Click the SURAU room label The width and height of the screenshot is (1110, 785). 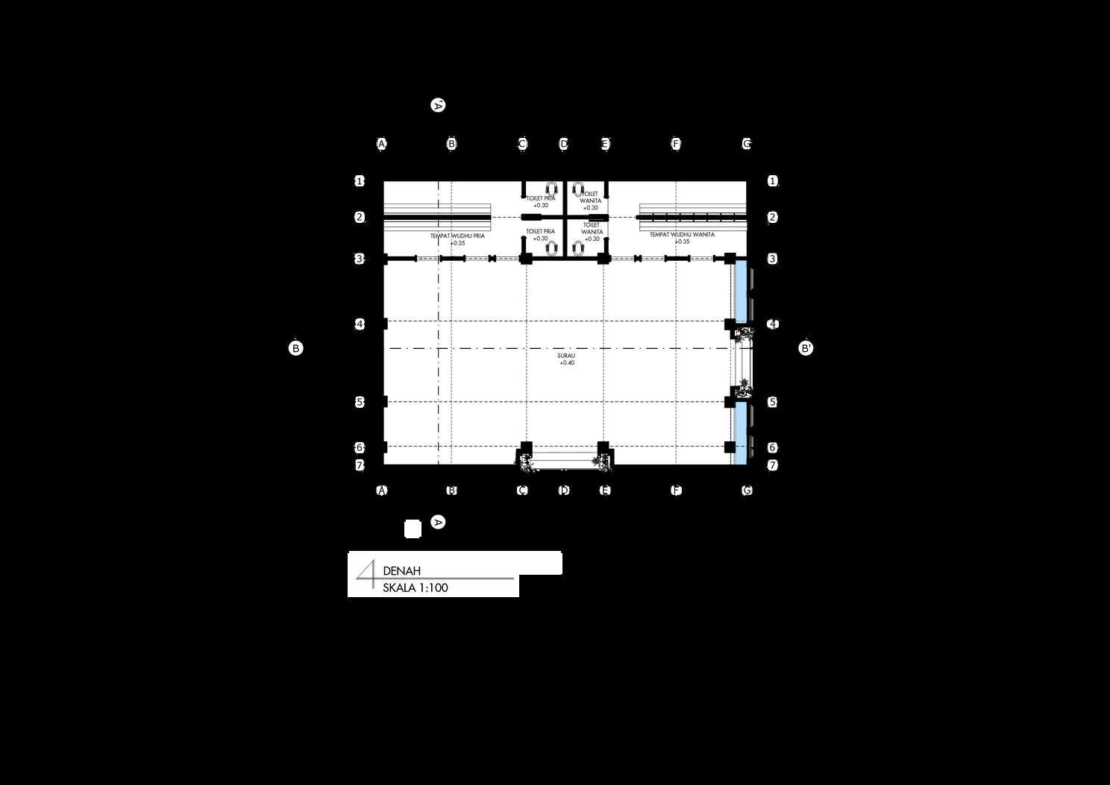[566, 356]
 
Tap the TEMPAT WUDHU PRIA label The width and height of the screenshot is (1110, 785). [457, 236]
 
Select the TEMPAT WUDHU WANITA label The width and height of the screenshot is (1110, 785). [682, 235]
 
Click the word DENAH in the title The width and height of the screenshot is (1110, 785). [401, 571]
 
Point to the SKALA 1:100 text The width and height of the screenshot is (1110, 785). [415, 588]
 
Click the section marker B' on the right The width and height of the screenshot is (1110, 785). [806, 348]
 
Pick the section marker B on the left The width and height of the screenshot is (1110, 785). [295, 348]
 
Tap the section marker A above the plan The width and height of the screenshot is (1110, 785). [438, 105]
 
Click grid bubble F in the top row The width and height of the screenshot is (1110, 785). [676, 144]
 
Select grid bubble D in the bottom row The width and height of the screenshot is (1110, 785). [564, 491]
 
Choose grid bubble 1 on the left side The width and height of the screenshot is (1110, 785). [360, 181]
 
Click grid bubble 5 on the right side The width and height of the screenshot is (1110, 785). [773, 402]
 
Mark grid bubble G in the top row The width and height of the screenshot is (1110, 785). [747, 144]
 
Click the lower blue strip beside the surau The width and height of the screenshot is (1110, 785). [741, 432]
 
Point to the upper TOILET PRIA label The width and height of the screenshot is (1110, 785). [540, 199]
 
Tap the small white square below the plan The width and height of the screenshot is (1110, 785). [413, 529]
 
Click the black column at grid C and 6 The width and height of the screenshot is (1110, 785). [526, 447]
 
